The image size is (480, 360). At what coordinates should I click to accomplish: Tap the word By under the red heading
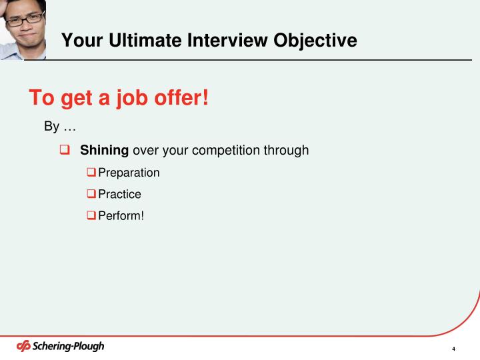51,127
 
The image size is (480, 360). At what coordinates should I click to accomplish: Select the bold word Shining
105,150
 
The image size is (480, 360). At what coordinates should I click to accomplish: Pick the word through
287,150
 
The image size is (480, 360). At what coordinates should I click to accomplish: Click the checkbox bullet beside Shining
65,150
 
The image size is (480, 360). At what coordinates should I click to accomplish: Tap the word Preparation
129,173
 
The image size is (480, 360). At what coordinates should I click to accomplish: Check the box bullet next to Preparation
91,173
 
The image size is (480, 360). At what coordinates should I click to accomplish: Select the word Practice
119,194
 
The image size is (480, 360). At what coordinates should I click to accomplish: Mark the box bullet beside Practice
91,194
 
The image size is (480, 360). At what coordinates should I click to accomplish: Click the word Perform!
121,215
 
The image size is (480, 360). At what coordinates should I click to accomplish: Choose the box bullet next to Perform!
91,215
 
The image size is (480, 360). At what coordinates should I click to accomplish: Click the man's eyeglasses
25,20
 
